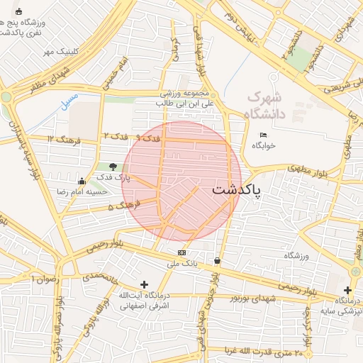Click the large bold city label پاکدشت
[236, 190]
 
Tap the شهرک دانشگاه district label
[264, 105]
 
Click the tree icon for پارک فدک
[113, 166]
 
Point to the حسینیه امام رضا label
[82, 191]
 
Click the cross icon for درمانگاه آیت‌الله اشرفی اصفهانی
[145, 284]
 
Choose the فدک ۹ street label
[145, 138]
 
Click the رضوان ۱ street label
[44, 279]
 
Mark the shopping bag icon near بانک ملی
[216, 261]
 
